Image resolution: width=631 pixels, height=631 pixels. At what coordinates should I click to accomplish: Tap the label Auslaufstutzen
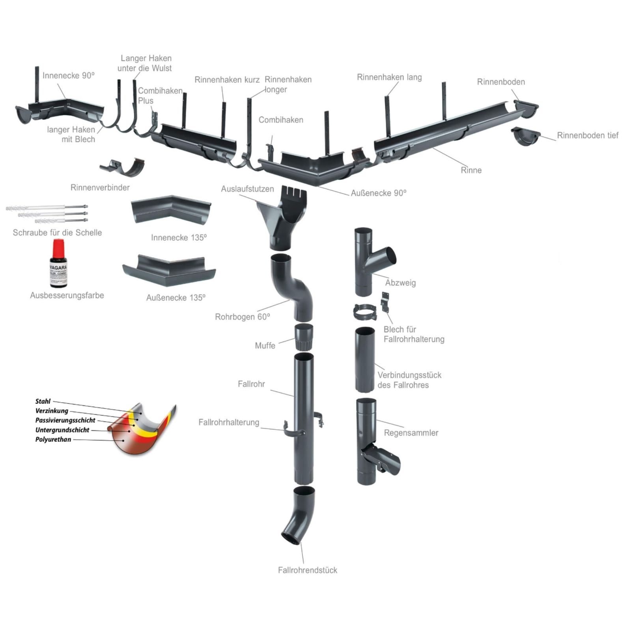[x=247, y=189]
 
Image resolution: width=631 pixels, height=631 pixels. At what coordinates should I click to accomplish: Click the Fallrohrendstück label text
[x=308, y=570]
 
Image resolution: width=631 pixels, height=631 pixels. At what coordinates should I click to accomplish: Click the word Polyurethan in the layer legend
[x=53, y=439]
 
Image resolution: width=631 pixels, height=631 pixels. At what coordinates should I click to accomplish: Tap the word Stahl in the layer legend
[x=43, y=401]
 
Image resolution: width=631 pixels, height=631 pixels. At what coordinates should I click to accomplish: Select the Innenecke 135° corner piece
[x=171, y=209]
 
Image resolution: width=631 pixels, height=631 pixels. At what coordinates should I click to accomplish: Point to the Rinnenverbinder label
[x=100, y=187]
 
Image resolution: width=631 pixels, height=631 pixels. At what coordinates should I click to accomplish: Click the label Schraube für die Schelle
[x=57, y=233]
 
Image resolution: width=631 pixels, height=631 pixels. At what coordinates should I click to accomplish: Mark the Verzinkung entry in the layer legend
[x=52, y=411]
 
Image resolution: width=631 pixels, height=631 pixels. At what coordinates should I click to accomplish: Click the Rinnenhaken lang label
[x=389, y=77]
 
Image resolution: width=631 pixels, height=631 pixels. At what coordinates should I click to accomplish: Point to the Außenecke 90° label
[x=379, y=193]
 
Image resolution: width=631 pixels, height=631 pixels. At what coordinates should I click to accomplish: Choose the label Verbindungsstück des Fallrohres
[x=409, y=380]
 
